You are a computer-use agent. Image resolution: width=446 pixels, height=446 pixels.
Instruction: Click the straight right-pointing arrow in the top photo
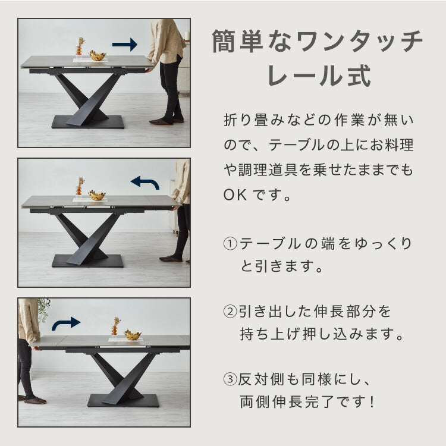point(125,45)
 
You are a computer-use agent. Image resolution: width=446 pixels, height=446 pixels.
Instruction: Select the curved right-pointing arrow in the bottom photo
point(65,323)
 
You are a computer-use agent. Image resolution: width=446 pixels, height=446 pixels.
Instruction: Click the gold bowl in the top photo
point(98,55)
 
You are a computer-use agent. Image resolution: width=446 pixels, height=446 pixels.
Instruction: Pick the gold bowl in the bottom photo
point(133,335)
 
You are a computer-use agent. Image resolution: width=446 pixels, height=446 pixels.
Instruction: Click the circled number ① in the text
point(230,244)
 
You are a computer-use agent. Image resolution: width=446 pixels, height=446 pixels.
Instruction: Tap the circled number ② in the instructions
point(230,312)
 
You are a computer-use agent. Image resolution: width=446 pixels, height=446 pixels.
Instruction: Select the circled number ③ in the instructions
point(230,379)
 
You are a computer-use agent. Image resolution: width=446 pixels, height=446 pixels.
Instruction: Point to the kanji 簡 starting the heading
point(224,42)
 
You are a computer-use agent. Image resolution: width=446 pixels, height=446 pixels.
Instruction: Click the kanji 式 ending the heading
point(359,76)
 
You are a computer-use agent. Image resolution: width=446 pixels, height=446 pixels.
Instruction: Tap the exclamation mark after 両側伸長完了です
point(372,401)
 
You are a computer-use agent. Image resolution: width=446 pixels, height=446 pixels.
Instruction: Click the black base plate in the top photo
point(88,122)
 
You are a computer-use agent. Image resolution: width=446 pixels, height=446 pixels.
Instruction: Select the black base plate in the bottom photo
point(123,400)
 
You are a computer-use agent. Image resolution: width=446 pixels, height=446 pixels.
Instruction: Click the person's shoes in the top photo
point(166,121)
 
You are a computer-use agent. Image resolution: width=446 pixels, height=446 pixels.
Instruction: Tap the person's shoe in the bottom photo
point(35,400)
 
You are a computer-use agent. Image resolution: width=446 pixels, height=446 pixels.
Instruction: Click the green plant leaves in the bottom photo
point(43,309)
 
